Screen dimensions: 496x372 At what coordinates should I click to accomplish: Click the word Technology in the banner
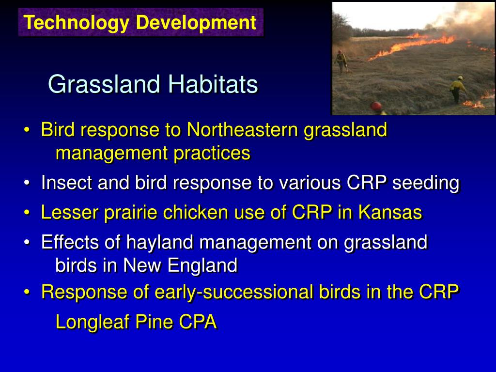(76, 23)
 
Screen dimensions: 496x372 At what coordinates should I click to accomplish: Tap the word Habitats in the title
(213, 84)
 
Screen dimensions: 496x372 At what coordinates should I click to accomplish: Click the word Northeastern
(242, 129)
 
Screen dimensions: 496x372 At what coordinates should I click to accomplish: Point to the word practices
(212, 154)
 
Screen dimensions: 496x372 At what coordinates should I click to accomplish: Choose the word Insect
(66, 183)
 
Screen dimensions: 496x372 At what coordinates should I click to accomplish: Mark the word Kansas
(390, 212)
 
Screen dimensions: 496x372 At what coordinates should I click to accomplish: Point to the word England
(202, 265)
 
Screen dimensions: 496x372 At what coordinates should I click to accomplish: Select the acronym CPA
(198, 322)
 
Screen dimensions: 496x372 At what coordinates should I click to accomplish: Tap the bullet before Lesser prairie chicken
(27, 213)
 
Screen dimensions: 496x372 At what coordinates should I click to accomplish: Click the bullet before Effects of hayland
(27, 243)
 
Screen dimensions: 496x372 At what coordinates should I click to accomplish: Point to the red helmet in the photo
(376, 106)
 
